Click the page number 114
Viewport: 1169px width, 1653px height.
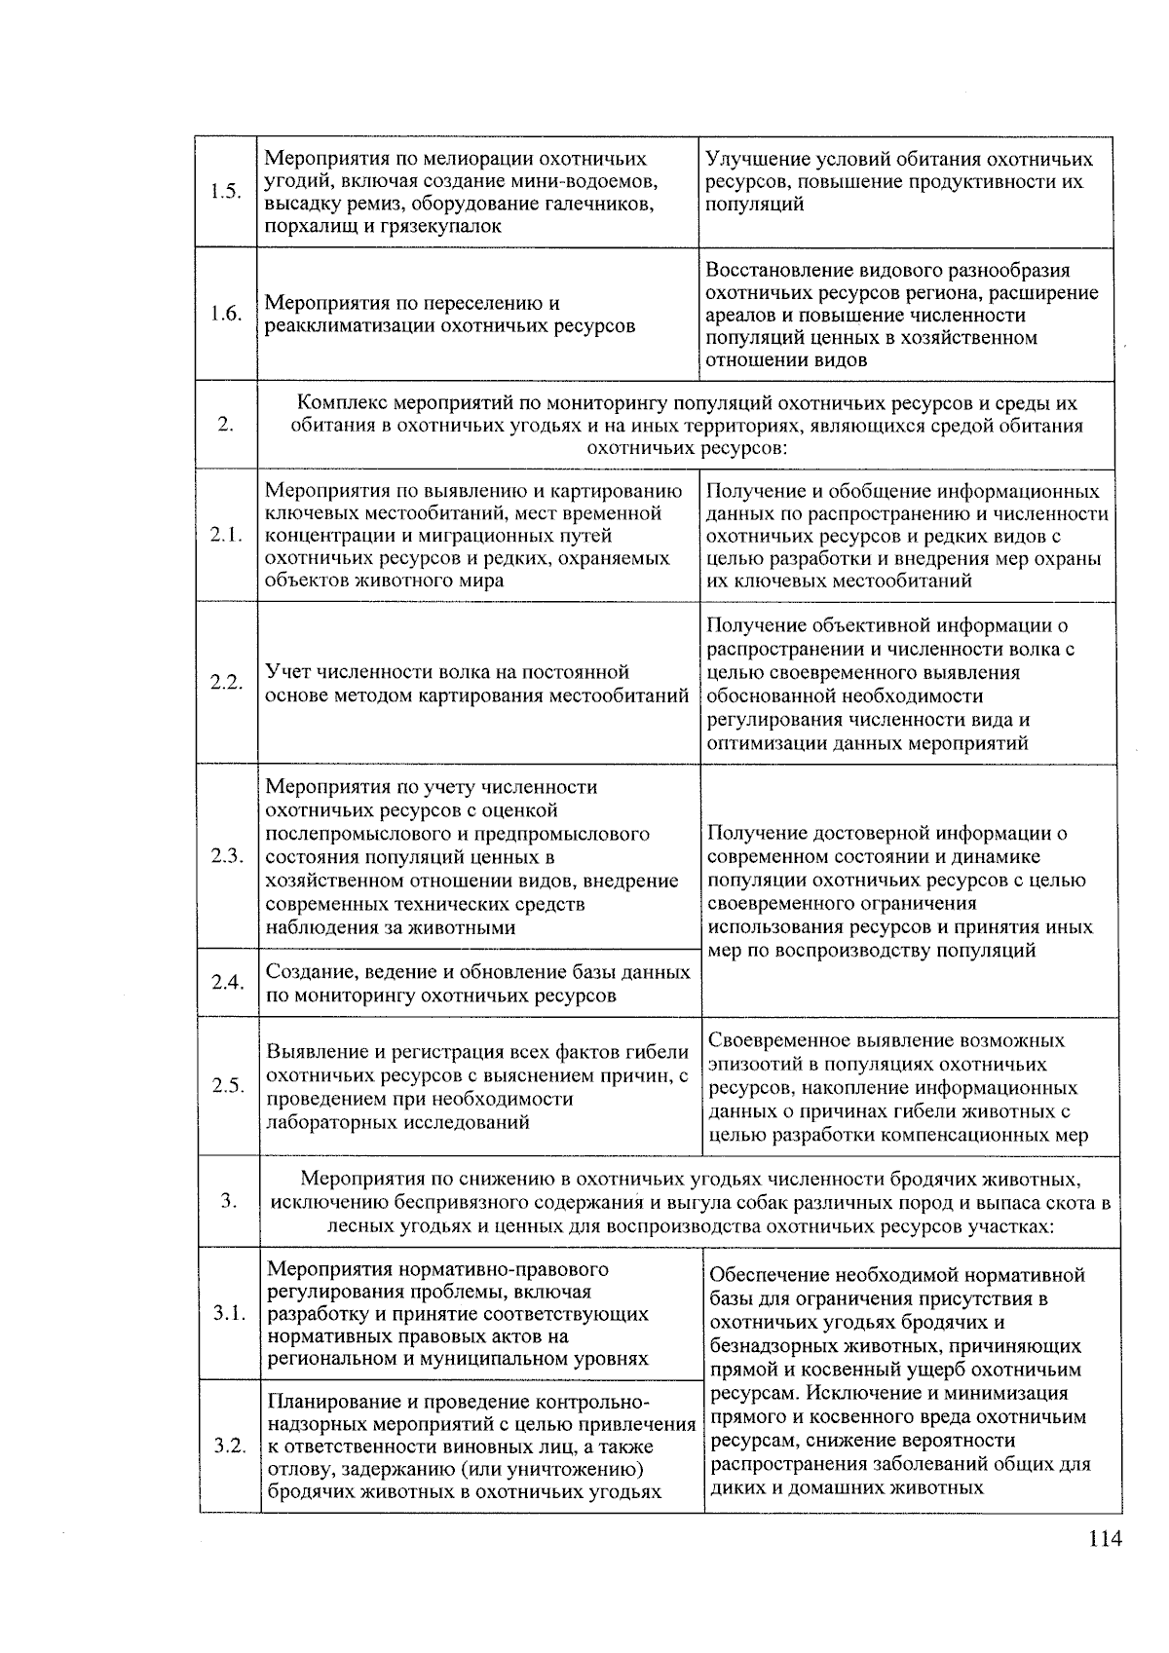[1106, 1539]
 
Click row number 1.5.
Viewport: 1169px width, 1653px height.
[225, 192]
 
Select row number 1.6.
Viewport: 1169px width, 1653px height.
[225, 314]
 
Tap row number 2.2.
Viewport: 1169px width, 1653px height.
[226, 682]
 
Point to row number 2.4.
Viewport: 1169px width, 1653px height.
[227, 982]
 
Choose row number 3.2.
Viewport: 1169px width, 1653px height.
[230, 1446]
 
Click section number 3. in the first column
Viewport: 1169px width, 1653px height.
[229, 1201]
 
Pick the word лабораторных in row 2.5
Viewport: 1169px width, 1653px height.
[322, 1122]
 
